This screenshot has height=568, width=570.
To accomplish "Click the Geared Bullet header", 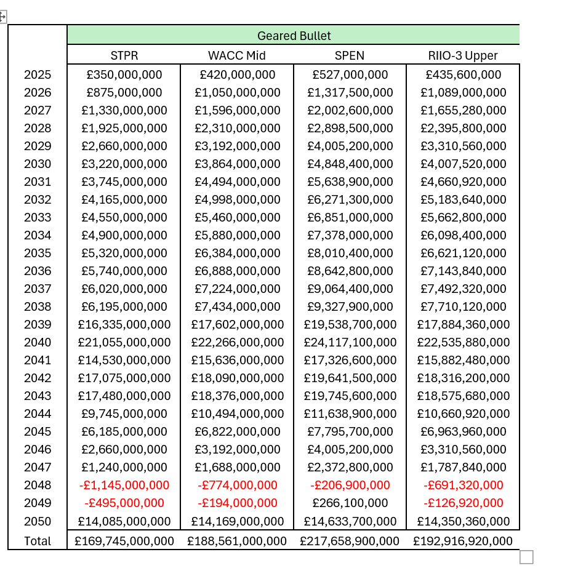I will pos(294,35).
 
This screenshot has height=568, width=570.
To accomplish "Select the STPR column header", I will pos(124,55).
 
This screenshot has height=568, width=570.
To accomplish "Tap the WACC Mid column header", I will pos(237,55).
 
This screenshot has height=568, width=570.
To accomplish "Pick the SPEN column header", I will pos(350,55).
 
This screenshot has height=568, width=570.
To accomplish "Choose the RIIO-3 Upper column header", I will pos(463,55).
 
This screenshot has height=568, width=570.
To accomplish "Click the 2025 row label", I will pos(38,75).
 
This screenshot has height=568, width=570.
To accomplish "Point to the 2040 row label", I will pos(38,342).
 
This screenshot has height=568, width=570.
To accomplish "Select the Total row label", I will pos(38,541).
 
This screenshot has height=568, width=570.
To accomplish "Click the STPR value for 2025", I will pos(124,75).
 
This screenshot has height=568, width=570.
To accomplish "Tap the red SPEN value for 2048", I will pos(350,485).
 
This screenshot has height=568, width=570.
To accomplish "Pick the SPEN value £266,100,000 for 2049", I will pos(350,503).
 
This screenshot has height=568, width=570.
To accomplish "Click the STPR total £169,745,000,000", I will pos(124,541).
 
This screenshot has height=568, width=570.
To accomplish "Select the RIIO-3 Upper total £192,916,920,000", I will pos(463,541).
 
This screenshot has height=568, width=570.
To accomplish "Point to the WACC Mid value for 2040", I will pos(237,342).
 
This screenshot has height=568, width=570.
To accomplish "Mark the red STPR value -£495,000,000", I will pos(124,503).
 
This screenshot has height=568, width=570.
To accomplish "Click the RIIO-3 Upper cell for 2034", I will pos(463,235).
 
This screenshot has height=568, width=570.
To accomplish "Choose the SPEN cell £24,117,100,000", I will pos(350,342).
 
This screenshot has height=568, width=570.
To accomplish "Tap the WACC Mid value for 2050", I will pos(237,521).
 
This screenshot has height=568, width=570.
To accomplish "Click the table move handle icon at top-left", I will pos(2,17).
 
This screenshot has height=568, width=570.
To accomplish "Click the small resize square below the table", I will pos(526,557).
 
